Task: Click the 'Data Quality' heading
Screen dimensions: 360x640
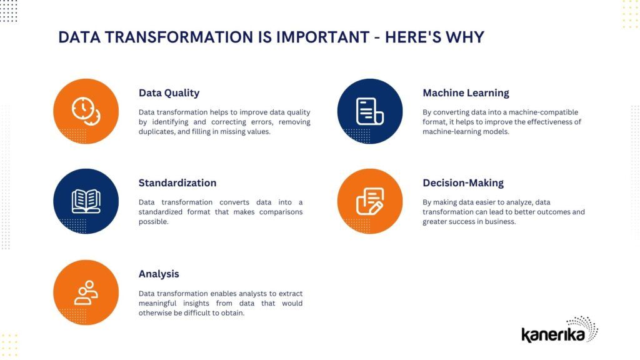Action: [169, 93]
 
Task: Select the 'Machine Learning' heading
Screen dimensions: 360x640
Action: [466, 93]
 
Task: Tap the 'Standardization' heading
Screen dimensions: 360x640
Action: [177, 183]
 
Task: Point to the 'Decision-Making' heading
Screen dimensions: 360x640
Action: [463, 183]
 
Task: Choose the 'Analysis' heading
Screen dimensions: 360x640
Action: [159, 274]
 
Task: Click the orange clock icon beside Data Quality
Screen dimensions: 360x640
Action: [86, 111]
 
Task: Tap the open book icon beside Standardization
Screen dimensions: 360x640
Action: [86, 201]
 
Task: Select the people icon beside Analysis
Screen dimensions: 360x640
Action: [86, 292]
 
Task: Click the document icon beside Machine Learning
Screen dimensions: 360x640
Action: [369, 111]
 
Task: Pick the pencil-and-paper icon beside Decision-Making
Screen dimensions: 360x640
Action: [369, 201]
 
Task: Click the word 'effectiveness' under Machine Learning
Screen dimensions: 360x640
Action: [541, 122]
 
